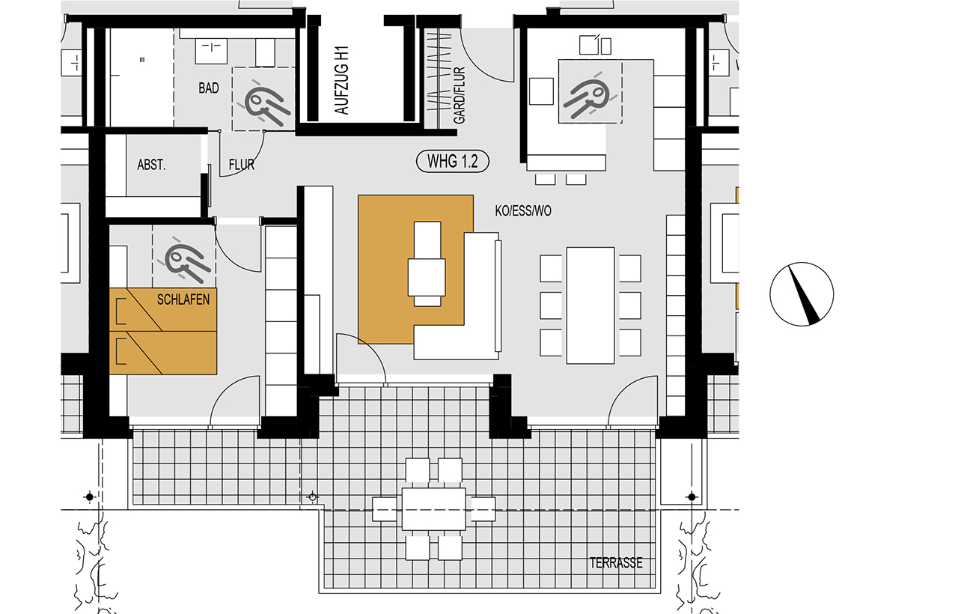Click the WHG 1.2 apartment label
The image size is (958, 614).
coord(453,161)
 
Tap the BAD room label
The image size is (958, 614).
coord(209,88)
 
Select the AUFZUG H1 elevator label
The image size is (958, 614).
coord(342,80)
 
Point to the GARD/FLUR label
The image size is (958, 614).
coord(460,95)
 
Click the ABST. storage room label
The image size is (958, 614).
coord(151,165)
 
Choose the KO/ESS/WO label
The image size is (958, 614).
coord(523,211)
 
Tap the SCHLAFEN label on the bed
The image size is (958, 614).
coord(183,300)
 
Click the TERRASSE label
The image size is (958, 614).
coord(616,562)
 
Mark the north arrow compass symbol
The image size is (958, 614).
coord(802,294)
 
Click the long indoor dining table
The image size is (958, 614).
coord(591,306)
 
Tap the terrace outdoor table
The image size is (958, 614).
coord(433,509)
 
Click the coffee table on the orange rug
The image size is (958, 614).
coord(427,264)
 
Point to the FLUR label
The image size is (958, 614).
coord(241,165)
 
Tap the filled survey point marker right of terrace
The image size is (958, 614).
coord(692,497)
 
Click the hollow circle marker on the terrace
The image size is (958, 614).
coord(313,497)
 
